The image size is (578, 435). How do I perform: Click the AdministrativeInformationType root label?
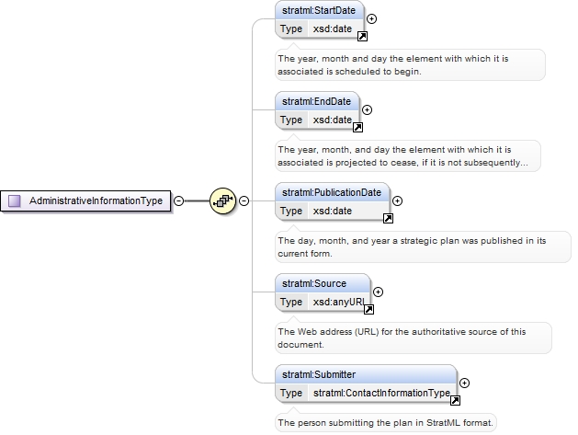[x=96, y=200]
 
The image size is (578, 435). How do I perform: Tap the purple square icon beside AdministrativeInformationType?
[x=15, y=201]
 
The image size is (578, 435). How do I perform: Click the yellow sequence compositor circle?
[x=222, y=200]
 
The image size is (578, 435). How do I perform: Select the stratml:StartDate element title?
[x=319, y=10]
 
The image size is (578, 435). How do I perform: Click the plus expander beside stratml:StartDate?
[x=371, y=18]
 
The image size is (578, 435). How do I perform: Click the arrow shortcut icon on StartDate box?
[x=362, y=36]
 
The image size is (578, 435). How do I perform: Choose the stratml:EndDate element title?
[x=316, y=101]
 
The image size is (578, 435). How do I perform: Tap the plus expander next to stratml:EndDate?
[x=367, y=110]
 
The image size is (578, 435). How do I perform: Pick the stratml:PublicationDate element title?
[x=332, y=192]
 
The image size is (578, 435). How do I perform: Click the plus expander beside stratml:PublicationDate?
[x=397, y=201]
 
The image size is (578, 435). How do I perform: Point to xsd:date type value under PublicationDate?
[x=332, y=211]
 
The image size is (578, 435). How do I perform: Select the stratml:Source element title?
[x=314, y=284]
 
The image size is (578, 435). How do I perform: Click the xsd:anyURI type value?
[x=339, y=303]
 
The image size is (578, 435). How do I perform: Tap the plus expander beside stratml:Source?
[x=378, y=292]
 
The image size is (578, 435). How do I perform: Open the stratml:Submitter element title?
[x=319, y=375]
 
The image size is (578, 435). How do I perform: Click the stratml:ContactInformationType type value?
[x=381, y=394]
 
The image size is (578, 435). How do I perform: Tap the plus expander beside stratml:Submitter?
[x=464, y=383]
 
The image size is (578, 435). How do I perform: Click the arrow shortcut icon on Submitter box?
[x=455, y=400]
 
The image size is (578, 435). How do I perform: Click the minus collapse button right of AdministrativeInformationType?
[x=178, y=201]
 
